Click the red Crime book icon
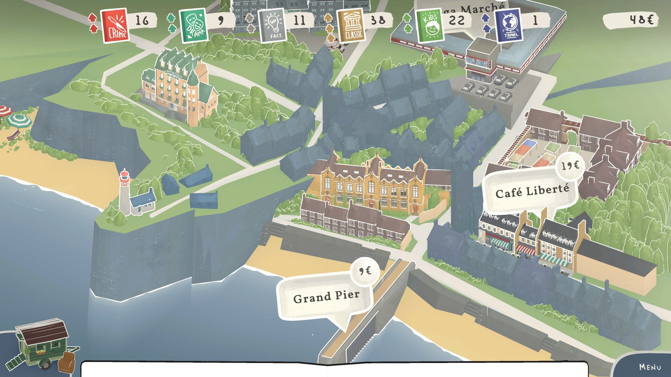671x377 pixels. [x=115, y=25]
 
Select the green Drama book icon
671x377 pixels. [x=194, y=25]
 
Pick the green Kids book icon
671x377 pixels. [x=430, y=25]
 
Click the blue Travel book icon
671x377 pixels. [x=509, y=25]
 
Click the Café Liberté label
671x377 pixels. [x=532, y=191]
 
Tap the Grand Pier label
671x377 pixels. [x=326, y=297]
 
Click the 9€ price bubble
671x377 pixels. [x=365, y=271]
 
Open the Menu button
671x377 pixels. [x=650, y=367]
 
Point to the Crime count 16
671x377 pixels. [x=142, y=21]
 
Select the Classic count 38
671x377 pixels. [x=378, y=21]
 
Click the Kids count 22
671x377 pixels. [x=456, y=21]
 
